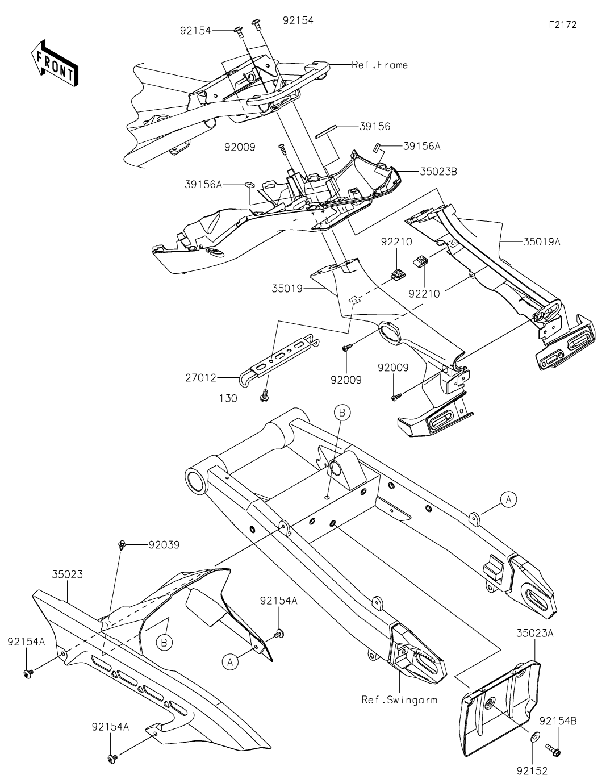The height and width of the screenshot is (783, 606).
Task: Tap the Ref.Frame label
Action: pyautogui.click(x=379, y=65)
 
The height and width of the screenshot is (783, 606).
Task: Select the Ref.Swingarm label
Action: pyautogui.click(x=399, y=699)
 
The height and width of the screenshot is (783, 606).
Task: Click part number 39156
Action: pyautogui.click(x=375, y=127)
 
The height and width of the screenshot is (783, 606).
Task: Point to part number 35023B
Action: pyautogui.click(x=438, y=170)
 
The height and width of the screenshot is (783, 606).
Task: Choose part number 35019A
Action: pyautogui.click(x=541, y=241)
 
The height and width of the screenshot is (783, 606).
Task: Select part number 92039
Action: pyautogui.click(x=164, y=544)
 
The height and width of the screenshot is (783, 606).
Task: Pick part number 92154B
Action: pyautogui.click(x=558, y=721)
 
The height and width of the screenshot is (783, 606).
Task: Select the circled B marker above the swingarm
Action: pyautogui.click(x=342, y=413)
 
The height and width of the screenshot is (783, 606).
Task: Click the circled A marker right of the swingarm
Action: pyautogui.click(x=508, y=499)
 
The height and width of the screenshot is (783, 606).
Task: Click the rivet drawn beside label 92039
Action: pyautogui.click(x=122, y=545)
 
